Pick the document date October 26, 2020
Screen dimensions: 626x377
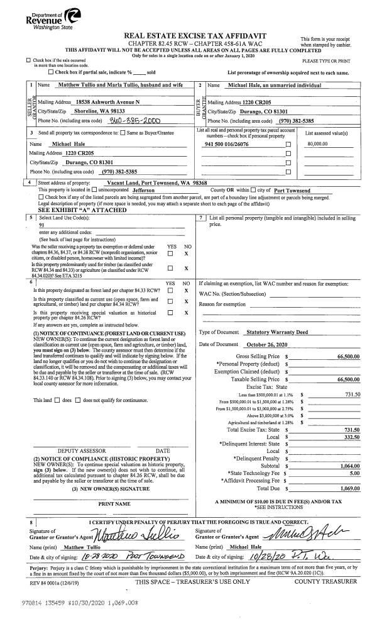coord(266,345)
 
